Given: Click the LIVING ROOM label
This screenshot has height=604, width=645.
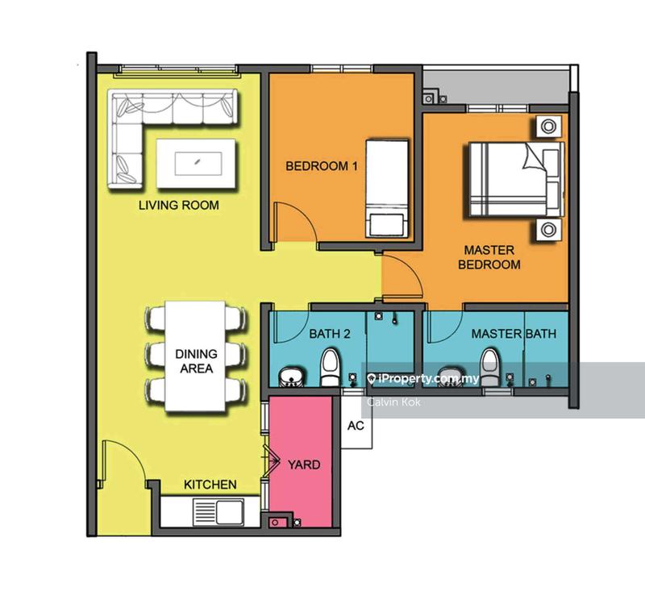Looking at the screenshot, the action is coord(178,205).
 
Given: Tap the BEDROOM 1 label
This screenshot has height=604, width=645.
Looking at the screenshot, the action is coord(322,166).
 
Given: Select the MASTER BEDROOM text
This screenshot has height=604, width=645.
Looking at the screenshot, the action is coord(489,257).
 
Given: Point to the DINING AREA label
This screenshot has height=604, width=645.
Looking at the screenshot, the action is coord(196,360).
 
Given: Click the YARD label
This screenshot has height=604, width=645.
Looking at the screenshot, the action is coord(304,464).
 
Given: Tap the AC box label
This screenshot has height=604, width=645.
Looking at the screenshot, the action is coord(356,426).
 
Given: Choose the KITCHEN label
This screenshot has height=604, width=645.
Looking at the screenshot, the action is coord(210,485).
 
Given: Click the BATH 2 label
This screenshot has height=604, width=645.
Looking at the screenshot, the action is coord(330,334).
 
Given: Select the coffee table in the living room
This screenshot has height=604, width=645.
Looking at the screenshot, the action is coord(196,164).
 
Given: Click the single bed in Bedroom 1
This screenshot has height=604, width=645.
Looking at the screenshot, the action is coord(388,190).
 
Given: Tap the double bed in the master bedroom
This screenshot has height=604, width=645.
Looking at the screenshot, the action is coord(516,179).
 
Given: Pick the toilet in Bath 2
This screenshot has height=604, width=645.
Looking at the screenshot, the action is coord(330,367).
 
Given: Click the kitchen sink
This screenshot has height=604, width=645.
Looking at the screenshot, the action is coord(218,512).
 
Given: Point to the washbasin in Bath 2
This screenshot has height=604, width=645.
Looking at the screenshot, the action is coord(291,377).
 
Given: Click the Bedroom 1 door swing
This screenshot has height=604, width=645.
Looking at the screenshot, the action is coord(295,221).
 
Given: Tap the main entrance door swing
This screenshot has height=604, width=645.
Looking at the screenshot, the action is coord(123,460).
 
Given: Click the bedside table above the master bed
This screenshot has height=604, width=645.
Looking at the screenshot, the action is coord(548,127).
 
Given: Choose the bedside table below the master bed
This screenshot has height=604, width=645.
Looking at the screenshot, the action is coord(548,229).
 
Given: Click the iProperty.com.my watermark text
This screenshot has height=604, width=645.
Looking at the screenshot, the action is coord(423,378).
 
